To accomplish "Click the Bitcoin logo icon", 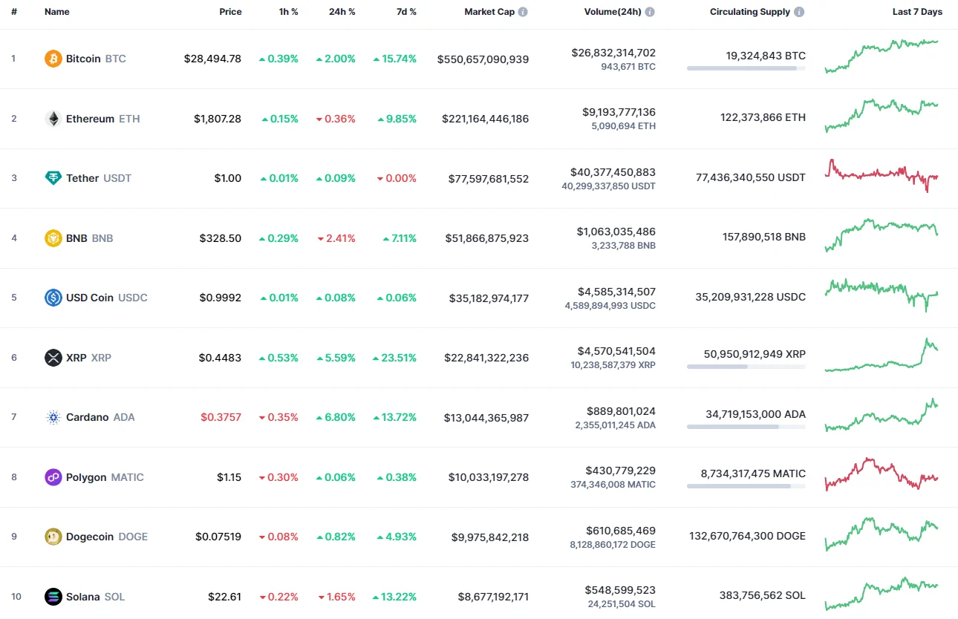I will pos(53,59).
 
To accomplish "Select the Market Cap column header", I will pos(489,12).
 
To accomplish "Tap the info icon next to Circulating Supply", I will pos(799,12).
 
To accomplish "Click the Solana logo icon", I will pos(53,597).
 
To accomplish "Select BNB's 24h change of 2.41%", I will pos(336,238).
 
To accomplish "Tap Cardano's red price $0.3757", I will pos(221,417).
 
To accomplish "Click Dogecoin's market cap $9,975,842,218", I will pos(490,537).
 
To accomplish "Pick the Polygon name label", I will pos(86,477).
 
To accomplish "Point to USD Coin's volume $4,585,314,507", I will pos(616,292).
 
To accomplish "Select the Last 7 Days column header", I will pos(917,12).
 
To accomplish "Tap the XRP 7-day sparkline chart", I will pos(882,356).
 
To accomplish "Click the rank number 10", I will pos(16,597).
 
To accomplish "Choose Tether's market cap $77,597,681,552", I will pos(489,178).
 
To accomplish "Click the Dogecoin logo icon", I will pos(53,537).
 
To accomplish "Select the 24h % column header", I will pos(342,12).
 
